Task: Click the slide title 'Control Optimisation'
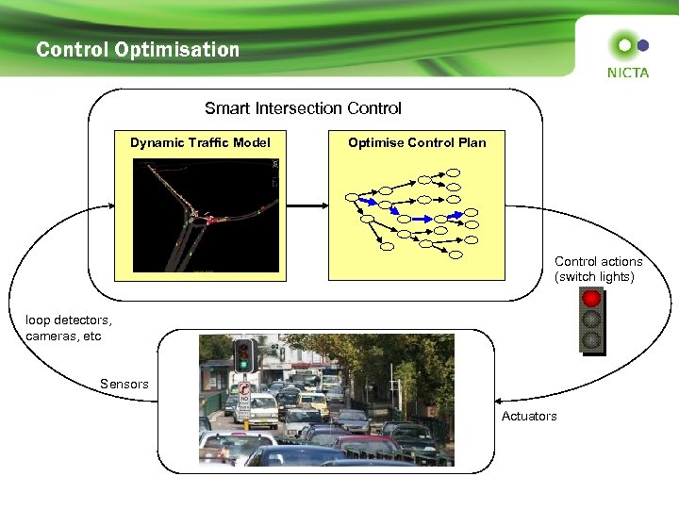[138, 49]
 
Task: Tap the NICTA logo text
[627, 72]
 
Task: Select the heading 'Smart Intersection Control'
[303, 108]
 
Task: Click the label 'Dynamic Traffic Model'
[200, 142]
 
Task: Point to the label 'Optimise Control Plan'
[417, 142]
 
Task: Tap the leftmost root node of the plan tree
[352, 198]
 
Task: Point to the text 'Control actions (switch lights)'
[599, 269]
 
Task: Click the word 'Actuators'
[529, 416]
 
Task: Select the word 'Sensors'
[124, 384]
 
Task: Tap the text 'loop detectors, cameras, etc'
[69, 328]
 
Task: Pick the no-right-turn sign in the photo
[244, 386]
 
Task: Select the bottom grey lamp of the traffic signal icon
[592, 338]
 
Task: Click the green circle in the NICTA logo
[623, 43]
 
